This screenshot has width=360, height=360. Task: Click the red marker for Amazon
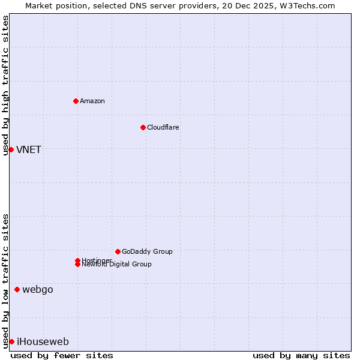[x=76, y=101]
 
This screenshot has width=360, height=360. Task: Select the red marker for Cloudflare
[x=143, y=127]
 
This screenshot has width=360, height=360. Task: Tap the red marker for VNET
[x=11, y=149]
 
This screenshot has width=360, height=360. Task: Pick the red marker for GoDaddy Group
[x=118, y=251]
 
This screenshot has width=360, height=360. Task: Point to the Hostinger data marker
[x=77, y=260]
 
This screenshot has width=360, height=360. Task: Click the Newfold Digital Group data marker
[x=77, y=265]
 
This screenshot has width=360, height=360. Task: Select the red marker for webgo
[x=17, y=290]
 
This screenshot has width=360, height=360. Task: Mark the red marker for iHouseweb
[x=11, y=341]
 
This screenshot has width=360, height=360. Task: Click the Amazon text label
[x=92, y=101]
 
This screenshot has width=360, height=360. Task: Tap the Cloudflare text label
[x=163, y=127]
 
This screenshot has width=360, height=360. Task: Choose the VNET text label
[x=29, y=150]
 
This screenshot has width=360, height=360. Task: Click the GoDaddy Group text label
[x=147, y=251]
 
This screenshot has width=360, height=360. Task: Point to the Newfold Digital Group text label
[x=117, y=265]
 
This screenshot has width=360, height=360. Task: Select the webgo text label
[x=38, y=290]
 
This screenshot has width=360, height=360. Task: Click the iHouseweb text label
[x=43, y=342]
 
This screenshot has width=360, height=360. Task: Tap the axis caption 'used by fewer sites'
[x=62, y=355]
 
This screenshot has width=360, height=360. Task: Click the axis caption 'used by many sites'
[x=301, y=355]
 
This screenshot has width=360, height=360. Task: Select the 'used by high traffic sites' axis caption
[x=5, y=85]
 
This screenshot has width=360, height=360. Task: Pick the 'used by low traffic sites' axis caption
[x=5, y=281]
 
